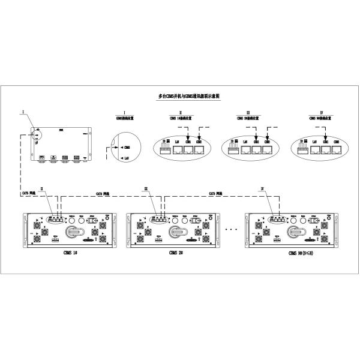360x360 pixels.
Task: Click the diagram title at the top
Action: (180, 96)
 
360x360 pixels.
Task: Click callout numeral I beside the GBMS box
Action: (23, 112)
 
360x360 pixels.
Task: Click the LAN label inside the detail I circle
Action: (126, 157)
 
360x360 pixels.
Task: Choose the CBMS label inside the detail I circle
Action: (127, 147)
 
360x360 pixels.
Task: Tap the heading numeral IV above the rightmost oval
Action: (322, 112)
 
